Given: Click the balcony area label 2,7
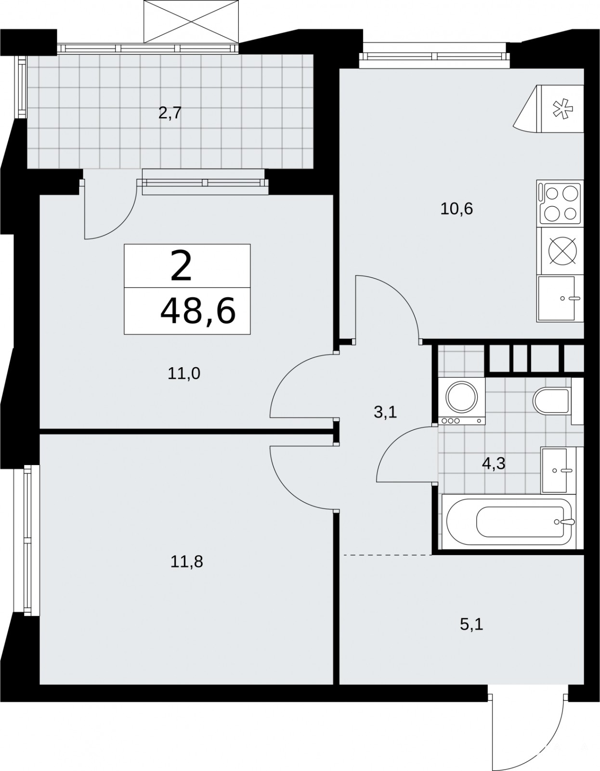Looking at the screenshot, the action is pos(170,113).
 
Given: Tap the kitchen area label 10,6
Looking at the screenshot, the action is pos(457,209).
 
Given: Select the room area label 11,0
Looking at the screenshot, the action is pos(184,373).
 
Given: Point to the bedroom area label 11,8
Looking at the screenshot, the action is pos(186,562).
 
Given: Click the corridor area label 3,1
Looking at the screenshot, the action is pos(385,412).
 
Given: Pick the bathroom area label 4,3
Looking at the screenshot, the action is pos(493,464).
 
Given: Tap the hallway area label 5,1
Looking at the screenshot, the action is pos(471,625).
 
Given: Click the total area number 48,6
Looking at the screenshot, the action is pos(198,311).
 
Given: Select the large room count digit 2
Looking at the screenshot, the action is pos(181,266).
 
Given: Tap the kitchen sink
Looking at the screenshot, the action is pos(560,299).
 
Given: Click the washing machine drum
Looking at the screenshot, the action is pos(461,396).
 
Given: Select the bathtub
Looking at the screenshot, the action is pos(509,522).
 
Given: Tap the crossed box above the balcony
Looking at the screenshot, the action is pos(191,21).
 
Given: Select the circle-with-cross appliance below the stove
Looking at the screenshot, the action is pos(562,251).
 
